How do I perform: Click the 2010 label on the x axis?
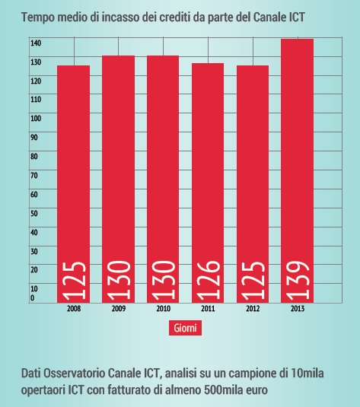pyautogui.click(x=163, y=310)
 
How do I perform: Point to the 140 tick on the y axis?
pyautogui.click(x=36, y=43)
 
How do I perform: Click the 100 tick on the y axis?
pyautogui.click(x=36, y=118)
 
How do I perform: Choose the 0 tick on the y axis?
pyautogui.click(x=33, y=298)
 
